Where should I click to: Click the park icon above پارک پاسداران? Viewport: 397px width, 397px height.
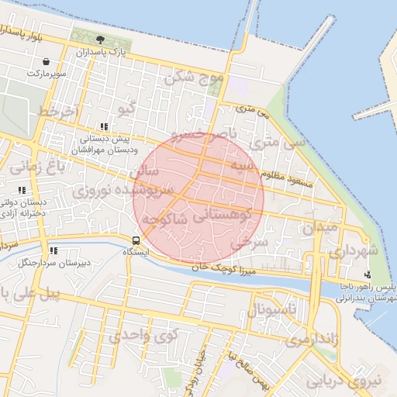point(99,40)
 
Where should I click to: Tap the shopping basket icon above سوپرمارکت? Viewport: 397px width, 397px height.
point(47,61)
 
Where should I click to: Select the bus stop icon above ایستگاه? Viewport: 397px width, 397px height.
point(136,240)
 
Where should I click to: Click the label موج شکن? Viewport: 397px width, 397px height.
point(193,78)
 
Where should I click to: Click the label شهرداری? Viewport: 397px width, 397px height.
point(353,252)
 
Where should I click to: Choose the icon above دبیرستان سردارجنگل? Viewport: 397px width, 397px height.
point(54,250)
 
